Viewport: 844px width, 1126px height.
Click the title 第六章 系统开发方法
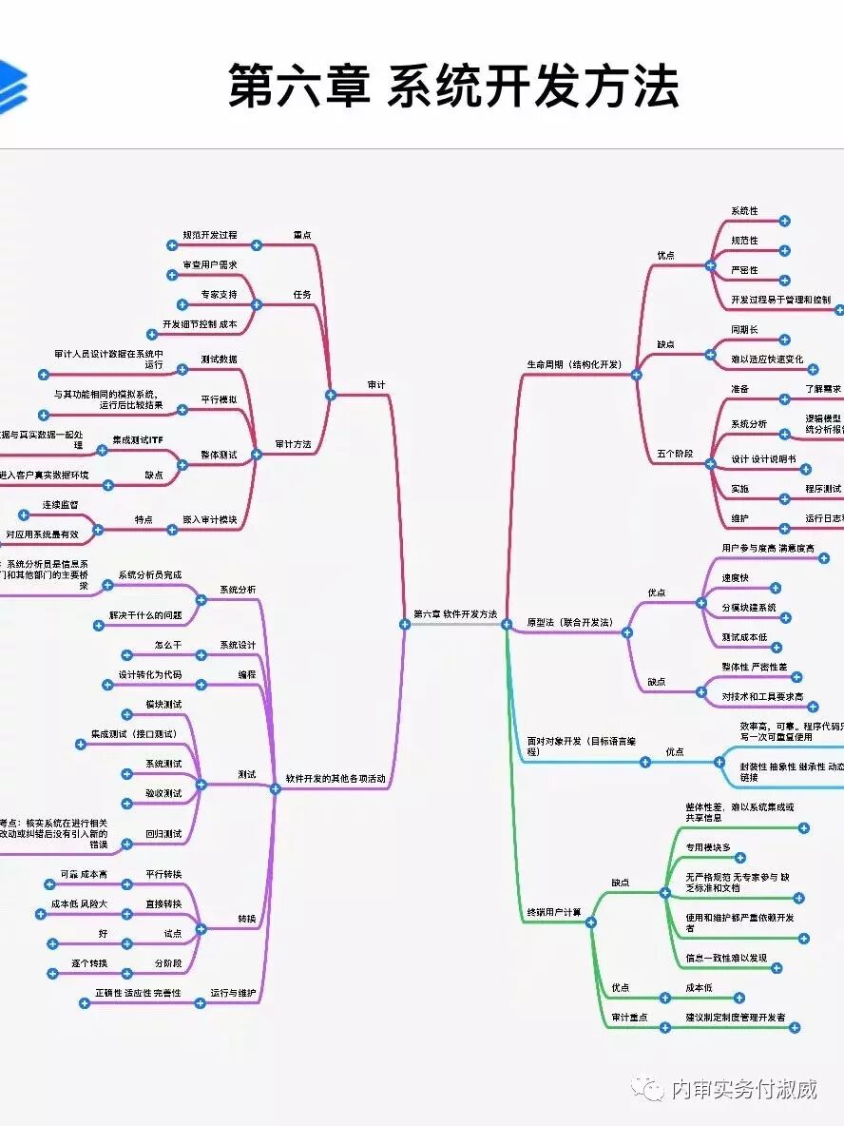click(x=453, y=87)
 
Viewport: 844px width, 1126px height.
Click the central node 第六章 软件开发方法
click(x=455, y=614)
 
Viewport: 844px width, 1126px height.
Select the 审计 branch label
click(x=376, y=385)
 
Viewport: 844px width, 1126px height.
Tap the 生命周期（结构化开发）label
click(x=573, y=364)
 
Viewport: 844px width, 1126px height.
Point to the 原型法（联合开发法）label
click(x=570, y=623)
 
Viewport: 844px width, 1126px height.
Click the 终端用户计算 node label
click(x=554, y=913)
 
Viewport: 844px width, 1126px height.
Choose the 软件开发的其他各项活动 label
click(x=336, y=779)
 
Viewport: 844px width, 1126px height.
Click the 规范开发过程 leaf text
click(x=211, y=235)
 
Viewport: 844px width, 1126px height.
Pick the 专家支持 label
click(x=220, y=295)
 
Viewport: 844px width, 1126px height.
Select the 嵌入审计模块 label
click(x=209, y=519)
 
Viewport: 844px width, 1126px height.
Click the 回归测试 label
click(x=163, y=834)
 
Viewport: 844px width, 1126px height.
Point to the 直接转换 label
click(x=163, y=903)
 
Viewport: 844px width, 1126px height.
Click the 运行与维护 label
click(x=233, y=993)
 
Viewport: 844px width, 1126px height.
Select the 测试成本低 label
click(x=744, y=637)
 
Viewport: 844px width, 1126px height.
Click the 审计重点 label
click(x=629, y=1018)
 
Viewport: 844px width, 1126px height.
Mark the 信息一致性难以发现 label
click(x=726, y=959)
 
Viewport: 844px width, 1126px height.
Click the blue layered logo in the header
click(x=11, y=86)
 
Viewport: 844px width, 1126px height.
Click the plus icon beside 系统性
click(x=784, y=221)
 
